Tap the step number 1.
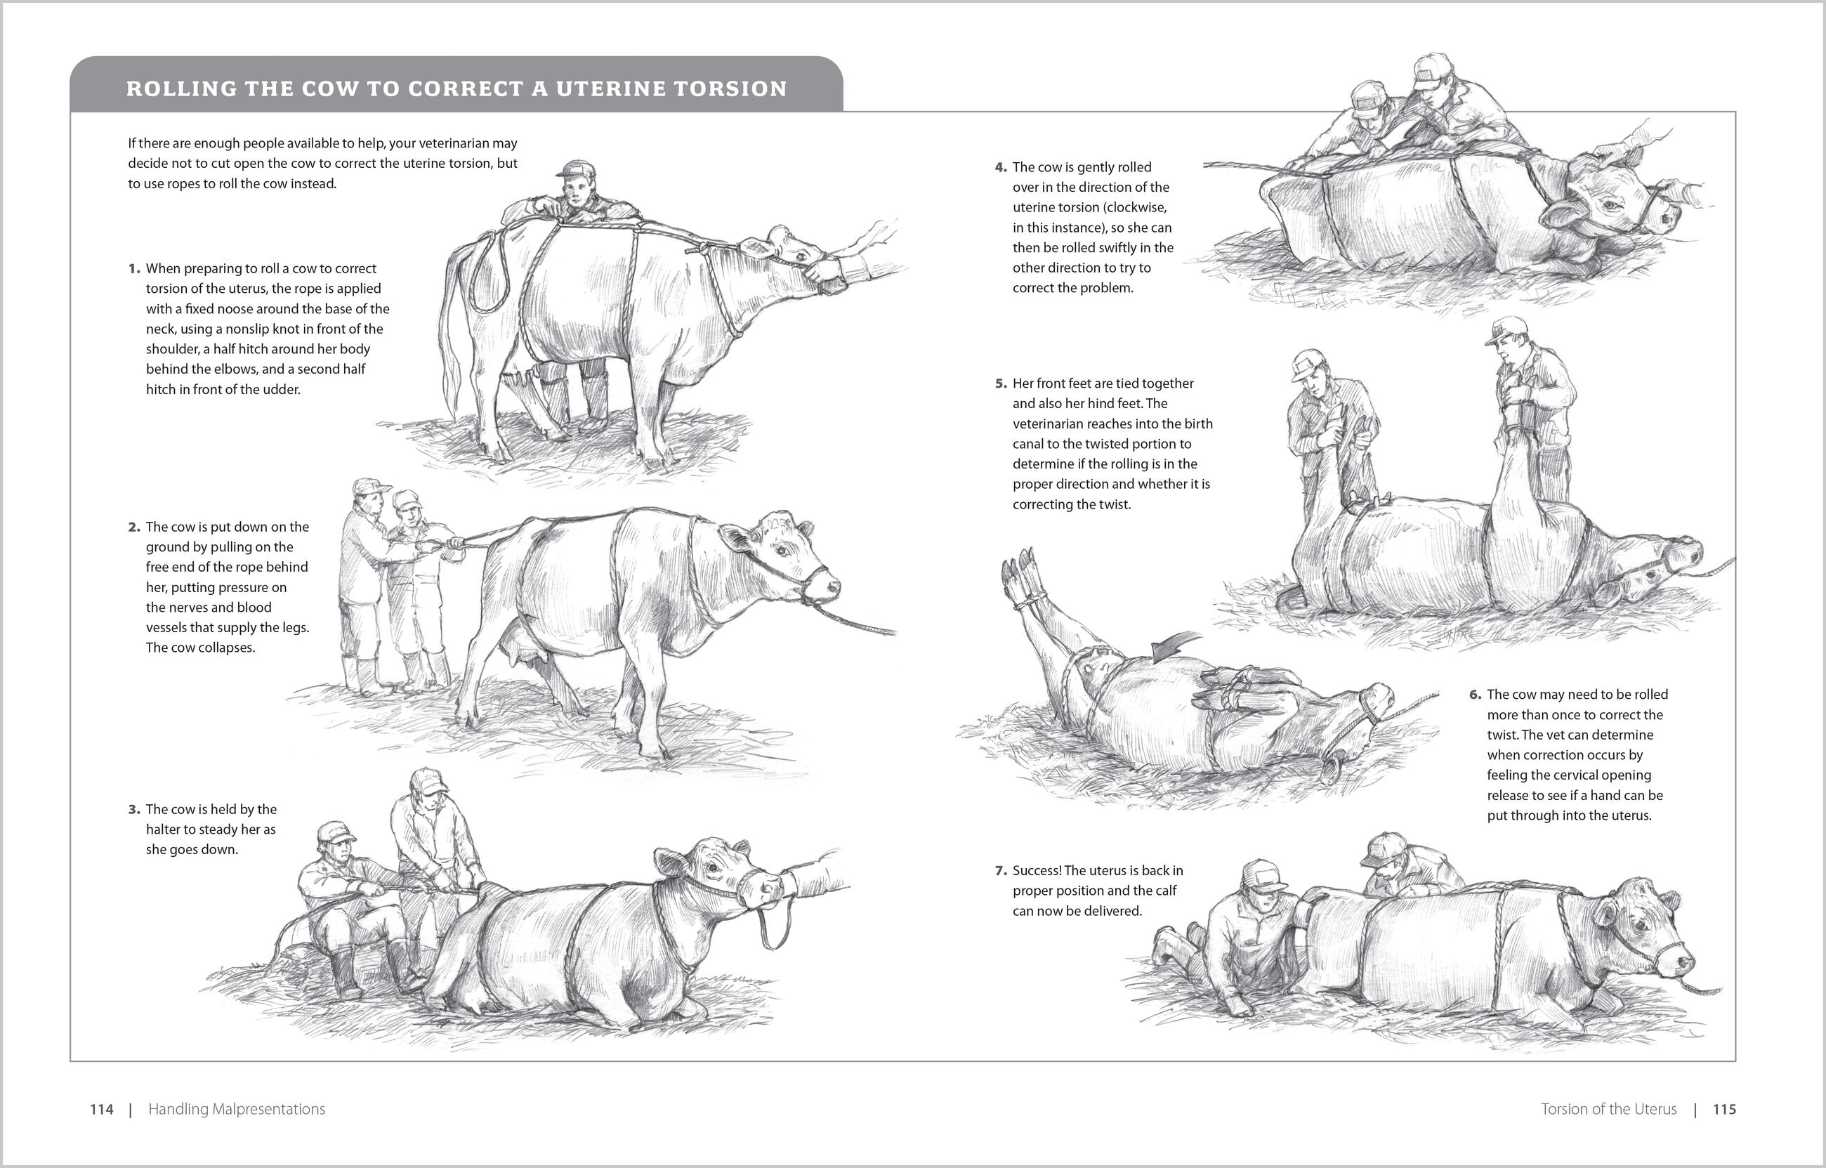coord(134,268)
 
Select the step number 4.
coord(1001,168)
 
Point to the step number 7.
coord(1001,871)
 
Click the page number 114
coord(102,1109)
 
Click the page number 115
coord(1724,1109)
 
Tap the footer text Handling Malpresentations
coord(237,1109)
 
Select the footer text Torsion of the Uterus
coord(1608,1109)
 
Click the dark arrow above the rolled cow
coord(1176,645)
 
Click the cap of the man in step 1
coord(574,169)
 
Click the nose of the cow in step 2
coord(830,586)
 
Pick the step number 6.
coord(1475,695)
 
